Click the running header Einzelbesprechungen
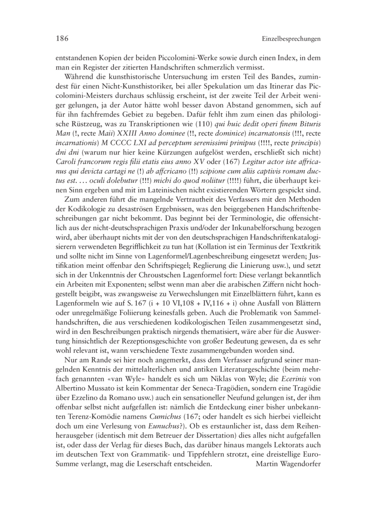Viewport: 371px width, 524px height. [291, 39]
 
